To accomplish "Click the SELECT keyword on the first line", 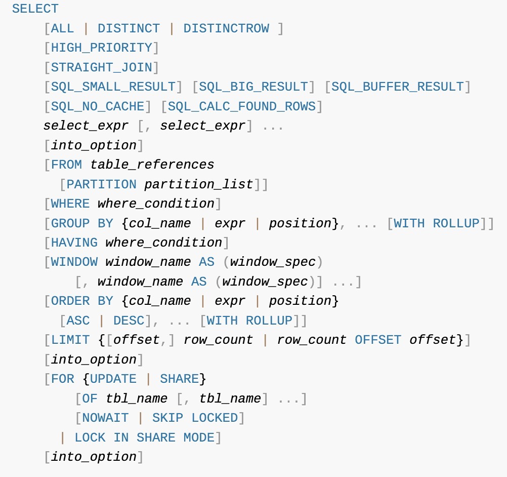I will pyautogui.click(x=35, y=9).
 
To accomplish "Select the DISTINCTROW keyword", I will pyautogui.click(x=226, y=28).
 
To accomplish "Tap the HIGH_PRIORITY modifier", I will pyautogui.click(x=102, y=48).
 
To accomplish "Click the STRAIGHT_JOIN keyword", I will pyautogui.click(x=102, y=67).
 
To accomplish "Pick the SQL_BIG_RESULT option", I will pyautogui.click(x=254, y=87).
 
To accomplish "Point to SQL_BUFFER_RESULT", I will pyautogui.click(x=398, y=87).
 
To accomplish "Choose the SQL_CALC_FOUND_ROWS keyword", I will pyautogui.click(x=242, y=106).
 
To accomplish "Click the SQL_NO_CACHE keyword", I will pyautogui.click(x=98, y=106).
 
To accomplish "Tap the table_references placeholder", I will pyautogui.click(x=152, y=165).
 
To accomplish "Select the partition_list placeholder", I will pyautogui.click(x=199, y=184).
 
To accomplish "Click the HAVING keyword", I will pyautogui.click(x=74, y=243).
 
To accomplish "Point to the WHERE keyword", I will pyautogui.click(x=70, y=204).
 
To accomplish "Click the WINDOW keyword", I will pyautogui.click(x=74, y=262).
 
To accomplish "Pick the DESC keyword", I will pyautogui.click(x=129, y=321).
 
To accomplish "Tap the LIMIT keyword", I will pyautogui.click(x=70, y=340).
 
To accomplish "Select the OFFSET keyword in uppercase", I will pyautogui.click(x=378, y=340).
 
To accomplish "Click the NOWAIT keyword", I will pyautogui.click(x=106, y=418).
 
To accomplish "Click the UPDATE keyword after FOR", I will pyautogui.click(x=113, y=379).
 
